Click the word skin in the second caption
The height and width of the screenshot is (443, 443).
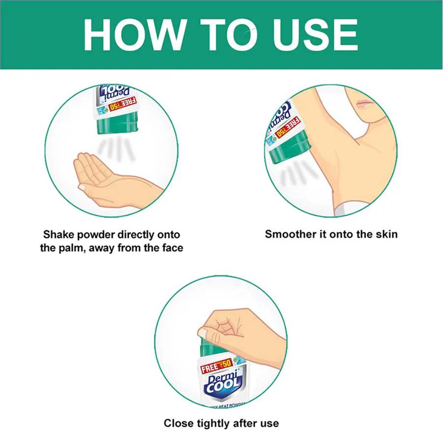pos(385,234)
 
